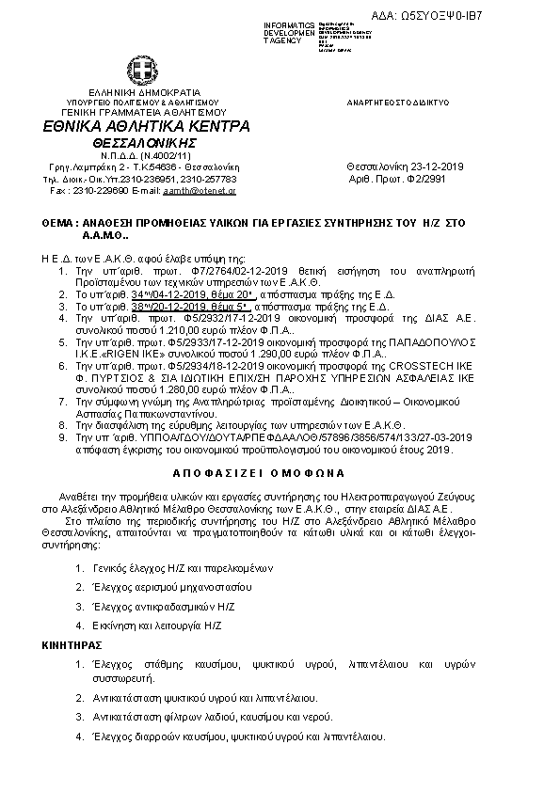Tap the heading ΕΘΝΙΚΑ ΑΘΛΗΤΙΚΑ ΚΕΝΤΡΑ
tap(146, 126)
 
